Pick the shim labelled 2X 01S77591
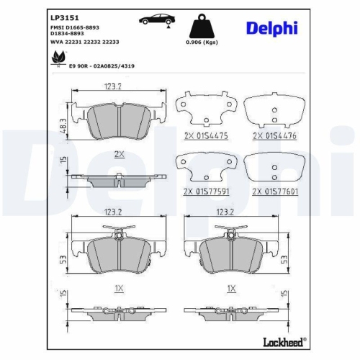[x=204, y=168]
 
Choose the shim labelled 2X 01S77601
[x=274, y=168]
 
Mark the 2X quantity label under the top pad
[x=119, y=154]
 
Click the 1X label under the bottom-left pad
[x=120, y=288]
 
